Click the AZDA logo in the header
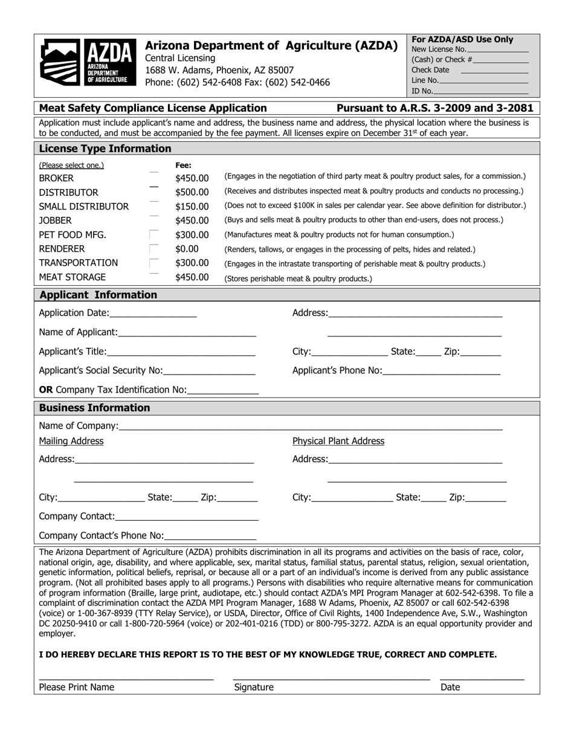pyautogui.click(x=86, y=60)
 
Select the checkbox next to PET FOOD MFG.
pyautogui.click(x=154, y=234)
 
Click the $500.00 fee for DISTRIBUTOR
pyautogui.click(x=192, y=192)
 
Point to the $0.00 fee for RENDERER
pyautogui.click(x=187, y=249)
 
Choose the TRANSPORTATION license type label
pyautogui.click(x=78, y=263)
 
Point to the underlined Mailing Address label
pyautogui.click(x=71, y=441)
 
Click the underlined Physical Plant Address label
pyautogui.click(x=338, y=441)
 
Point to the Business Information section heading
pyautogui.click(x=94, y=408)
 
